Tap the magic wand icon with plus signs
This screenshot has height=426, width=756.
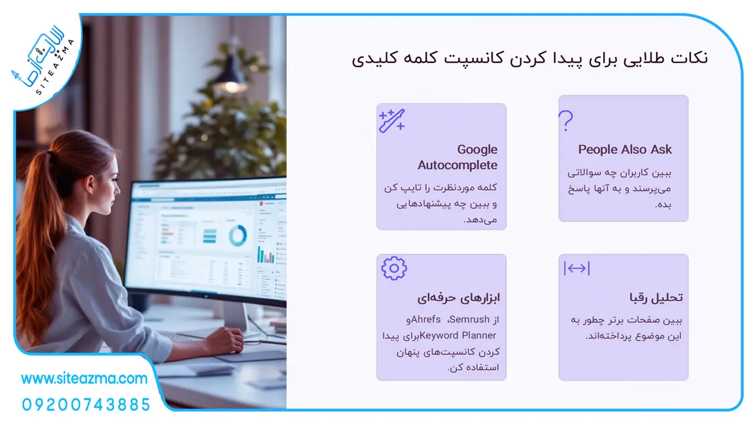[392, 121]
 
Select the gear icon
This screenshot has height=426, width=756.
[394, 268]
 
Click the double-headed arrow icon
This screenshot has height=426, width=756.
[577, 269]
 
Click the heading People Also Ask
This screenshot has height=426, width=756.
[625, 150]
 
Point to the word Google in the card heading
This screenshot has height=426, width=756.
[477, 150]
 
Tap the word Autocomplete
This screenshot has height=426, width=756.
[457, 165]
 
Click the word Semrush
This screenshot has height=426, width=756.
[470, 319]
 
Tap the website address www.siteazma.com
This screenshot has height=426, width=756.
[84, 379]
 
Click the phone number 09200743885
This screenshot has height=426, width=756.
[86, 405]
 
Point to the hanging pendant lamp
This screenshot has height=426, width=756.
[231, 76]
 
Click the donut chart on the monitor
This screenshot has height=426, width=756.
[237, 235]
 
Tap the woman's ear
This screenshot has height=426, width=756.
[90, 185]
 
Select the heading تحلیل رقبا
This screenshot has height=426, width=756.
[656, 298]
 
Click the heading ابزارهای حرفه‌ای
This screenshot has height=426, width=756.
[458, 298]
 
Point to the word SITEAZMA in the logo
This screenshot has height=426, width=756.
[55, 67]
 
